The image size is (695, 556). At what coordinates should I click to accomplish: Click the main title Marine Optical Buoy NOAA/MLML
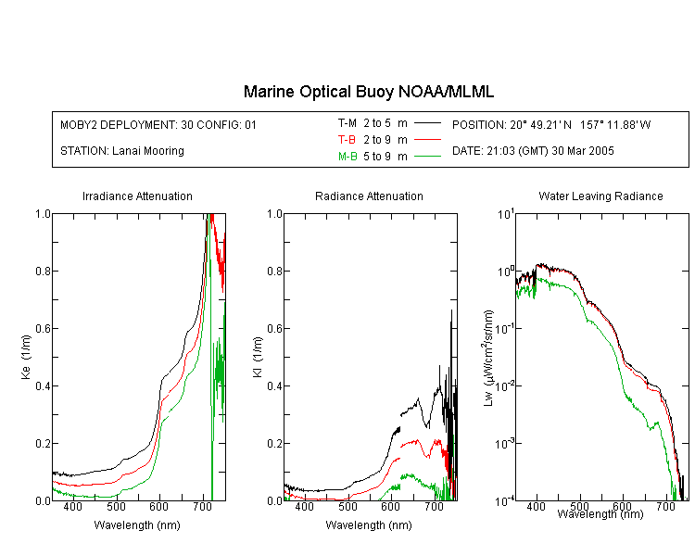pos(368,92)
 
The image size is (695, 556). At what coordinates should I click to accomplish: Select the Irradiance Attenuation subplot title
pos(137,196)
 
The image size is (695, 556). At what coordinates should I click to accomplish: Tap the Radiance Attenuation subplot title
pos(369,196)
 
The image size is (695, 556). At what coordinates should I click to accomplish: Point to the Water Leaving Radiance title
pos(600,196)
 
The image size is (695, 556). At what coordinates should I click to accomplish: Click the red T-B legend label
pos(347,140)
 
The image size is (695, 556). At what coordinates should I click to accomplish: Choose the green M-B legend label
pos(347,157)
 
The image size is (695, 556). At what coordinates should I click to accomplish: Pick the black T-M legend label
pos(347,123)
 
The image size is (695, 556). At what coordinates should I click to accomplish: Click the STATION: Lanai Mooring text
pos(122,151)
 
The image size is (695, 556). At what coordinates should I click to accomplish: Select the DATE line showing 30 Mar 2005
pos(533,151)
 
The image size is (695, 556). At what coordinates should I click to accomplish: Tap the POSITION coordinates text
pos(551,124)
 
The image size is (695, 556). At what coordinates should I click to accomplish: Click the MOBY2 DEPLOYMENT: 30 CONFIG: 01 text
pos(158,124)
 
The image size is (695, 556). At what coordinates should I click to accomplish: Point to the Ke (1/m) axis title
pos(26,357)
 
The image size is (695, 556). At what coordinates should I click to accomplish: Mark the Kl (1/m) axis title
pos(258,357)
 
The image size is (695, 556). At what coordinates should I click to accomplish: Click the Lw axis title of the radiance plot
pos(488,358)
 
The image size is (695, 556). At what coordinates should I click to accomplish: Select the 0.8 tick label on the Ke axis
pos(43,271)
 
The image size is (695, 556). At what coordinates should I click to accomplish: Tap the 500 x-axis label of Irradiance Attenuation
pos(116,506)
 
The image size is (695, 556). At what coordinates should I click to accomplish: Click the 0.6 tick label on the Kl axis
pos(274,329)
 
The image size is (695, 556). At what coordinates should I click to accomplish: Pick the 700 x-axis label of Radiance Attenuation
pos(434,506)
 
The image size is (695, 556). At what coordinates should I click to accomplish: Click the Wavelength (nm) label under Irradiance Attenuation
pos(137,525)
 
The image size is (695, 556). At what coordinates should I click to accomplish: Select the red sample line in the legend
pos(427,140)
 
